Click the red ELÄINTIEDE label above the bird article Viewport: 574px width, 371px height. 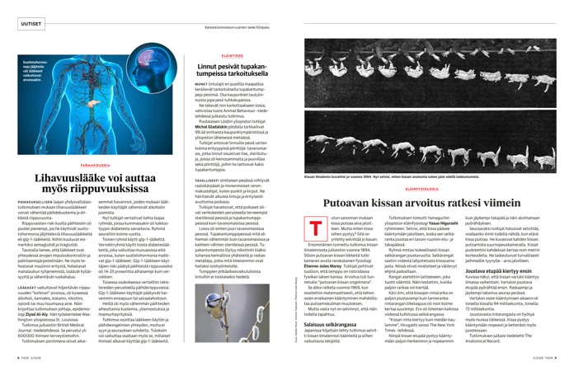(222, 78)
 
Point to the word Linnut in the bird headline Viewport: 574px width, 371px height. (212, 87)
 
